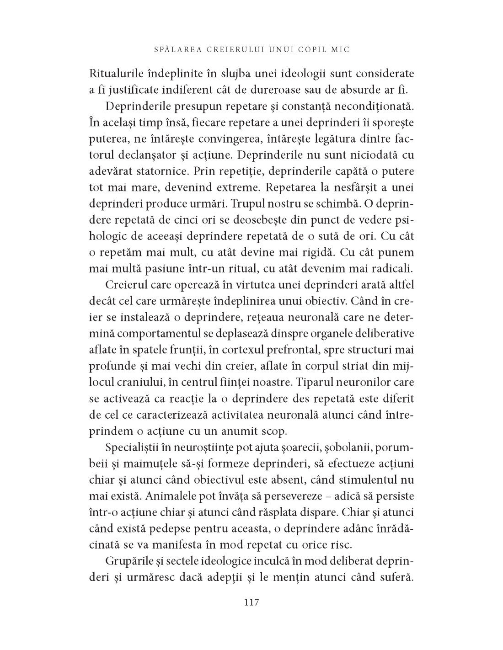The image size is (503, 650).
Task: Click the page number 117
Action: tap(251, 602)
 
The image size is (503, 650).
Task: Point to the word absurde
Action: tap(352, 88)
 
